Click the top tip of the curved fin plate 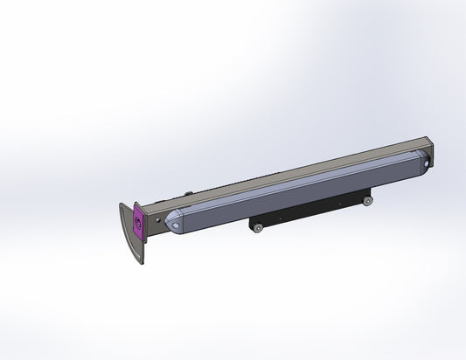(122, 205)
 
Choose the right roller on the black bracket (369, 202)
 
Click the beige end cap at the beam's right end (429, 150)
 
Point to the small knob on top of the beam (188, 194)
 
